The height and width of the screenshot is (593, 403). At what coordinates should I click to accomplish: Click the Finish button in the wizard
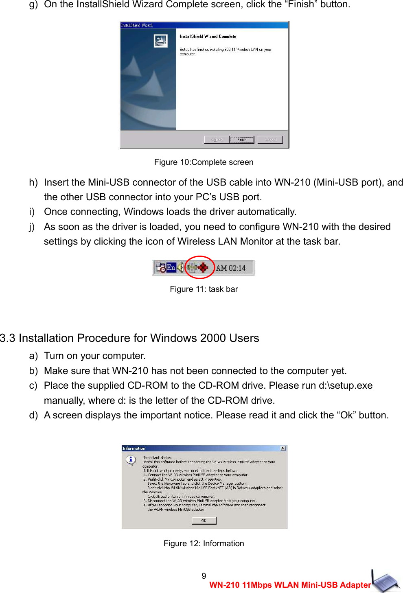241,140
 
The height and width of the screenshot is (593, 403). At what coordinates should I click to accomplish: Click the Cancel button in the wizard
270,140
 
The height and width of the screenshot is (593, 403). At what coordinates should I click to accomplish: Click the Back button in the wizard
216,140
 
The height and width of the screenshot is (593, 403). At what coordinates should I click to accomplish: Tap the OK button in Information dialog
204,521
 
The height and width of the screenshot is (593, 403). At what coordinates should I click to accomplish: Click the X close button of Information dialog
283,448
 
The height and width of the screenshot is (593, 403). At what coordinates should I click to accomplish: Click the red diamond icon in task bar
203,267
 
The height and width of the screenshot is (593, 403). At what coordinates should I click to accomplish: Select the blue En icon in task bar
171,267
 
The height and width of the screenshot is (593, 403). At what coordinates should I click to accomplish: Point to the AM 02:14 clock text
230,268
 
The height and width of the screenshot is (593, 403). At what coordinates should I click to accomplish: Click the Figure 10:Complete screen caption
204,162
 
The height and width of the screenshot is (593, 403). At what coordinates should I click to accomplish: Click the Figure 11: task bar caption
204,289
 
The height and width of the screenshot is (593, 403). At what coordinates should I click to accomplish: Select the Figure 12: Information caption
204,543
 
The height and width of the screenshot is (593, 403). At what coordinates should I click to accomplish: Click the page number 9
204,576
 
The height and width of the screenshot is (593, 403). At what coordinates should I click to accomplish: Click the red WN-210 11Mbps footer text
290,585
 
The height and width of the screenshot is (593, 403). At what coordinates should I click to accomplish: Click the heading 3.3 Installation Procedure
129,338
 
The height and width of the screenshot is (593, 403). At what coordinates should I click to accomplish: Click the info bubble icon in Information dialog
131,460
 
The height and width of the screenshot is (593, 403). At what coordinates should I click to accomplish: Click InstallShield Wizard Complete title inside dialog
208,36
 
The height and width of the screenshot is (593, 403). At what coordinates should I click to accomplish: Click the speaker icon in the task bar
180,267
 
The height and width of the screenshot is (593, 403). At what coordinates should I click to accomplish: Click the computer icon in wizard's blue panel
160,41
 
